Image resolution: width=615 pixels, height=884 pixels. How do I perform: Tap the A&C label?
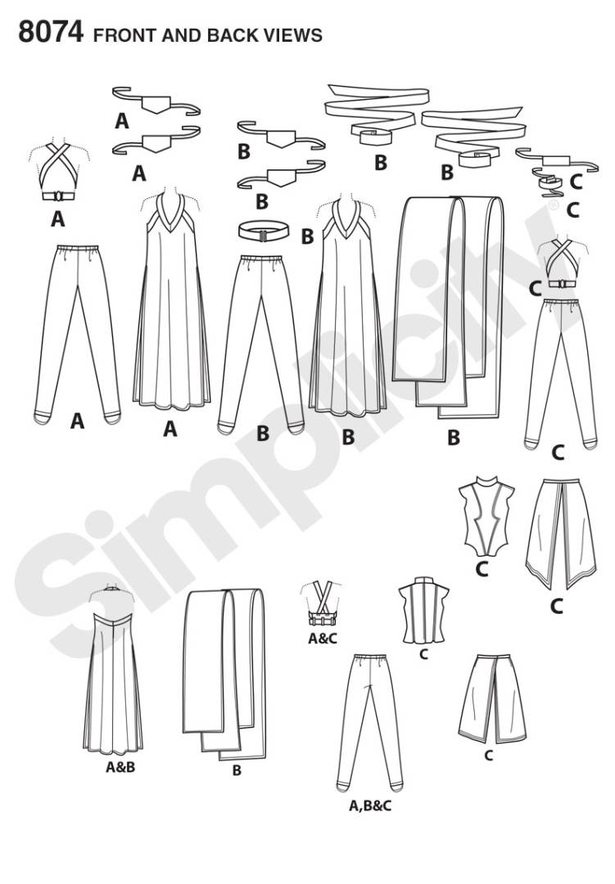pyautogui.click(x=322, y=638)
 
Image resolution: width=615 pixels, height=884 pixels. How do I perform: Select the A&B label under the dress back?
pyautogui.click(x=120, y=767)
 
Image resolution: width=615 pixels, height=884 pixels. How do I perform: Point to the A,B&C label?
pyautogui.click(x=370, y=806)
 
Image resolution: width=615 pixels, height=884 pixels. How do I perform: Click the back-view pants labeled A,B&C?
pyautogui.click(x=369, y=723)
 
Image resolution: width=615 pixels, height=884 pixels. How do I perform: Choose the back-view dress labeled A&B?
pyautogui.click(x=113, y=671)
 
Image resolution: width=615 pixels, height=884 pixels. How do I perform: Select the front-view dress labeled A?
pyautogui.click(x=171, y=301)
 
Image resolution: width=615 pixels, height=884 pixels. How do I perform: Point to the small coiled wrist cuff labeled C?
pyautogui.click(x=549, y=183)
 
